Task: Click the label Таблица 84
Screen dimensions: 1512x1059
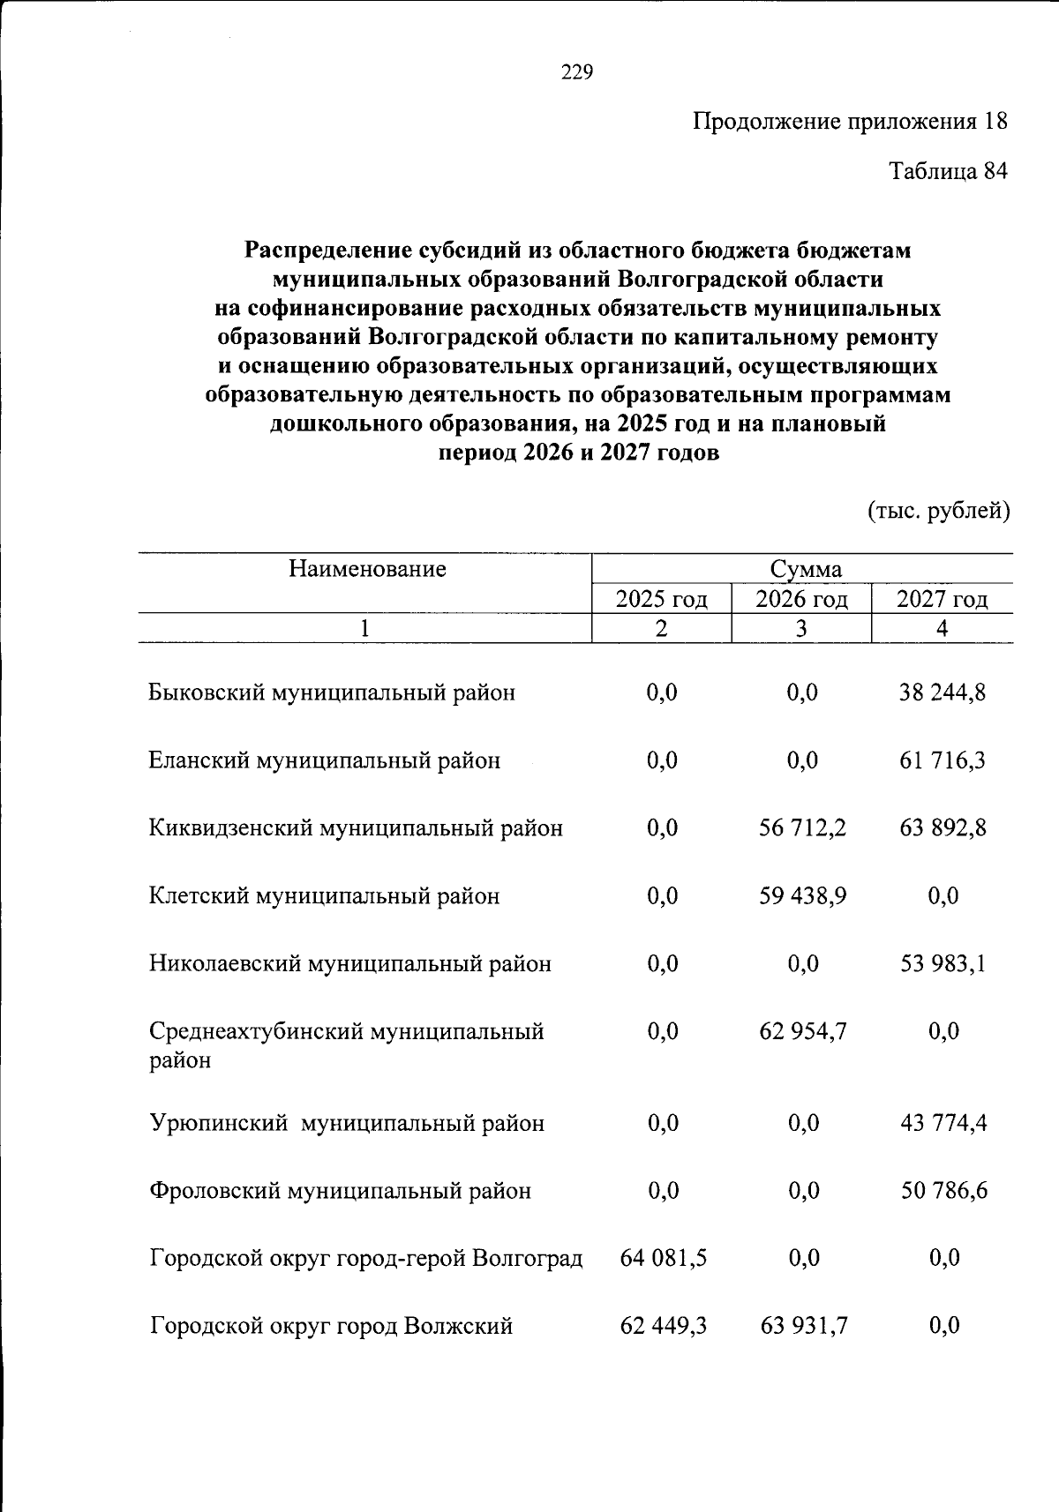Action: pyautogui.click(x=947, y=170)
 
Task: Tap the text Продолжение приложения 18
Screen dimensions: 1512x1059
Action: pyautogui.click(x=849, y=122)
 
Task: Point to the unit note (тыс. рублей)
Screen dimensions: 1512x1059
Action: pyautogui.click(x=939, y=511)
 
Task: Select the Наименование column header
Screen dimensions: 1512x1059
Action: pyautogui.click(x=367, y=569)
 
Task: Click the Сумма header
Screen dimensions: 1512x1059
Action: pyautogui.click(x=805, y=570)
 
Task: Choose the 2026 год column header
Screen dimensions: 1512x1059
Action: pyautogui.click(x=801, y=600)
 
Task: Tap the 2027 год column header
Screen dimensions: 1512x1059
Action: pyautogui.click(x=942, y=600)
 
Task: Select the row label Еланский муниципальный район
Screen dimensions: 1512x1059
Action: pyautogui.click(x=325, y=760)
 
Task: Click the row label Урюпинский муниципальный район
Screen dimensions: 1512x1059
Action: pyautogui.click(x=347, y=1124)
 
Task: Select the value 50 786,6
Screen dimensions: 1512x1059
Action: pyautogui.click(x=943, y=1192)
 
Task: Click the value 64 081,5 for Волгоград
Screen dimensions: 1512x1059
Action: pyautogui.click(x=663, y=1258)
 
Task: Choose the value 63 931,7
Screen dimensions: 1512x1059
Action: pyautogui.click(x=803, y=1326)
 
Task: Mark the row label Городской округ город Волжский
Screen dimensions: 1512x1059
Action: pyautogui.click(x=331, y=1326)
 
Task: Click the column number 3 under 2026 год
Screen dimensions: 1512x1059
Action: pyautogui.click(x=800, y=628)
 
